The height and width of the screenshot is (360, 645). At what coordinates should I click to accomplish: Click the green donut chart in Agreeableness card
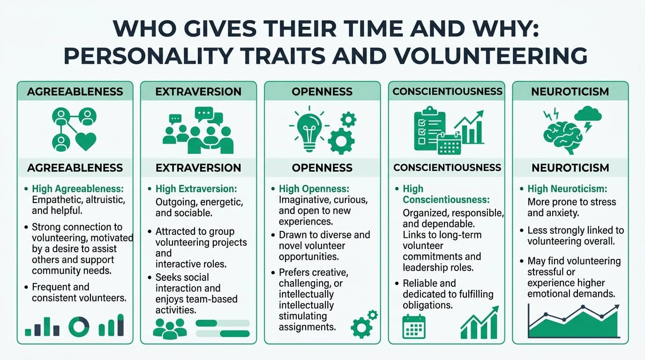(x=79, y=326)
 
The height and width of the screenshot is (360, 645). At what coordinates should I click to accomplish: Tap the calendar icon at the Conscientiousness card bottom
(x=414, y=326)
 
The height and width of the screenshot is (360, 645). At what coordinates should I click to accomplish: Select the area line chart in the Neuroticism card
(x=573, y=321)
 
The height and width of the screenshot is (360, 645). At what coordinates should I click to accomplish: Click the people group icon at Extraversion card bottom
(x=170, y=328)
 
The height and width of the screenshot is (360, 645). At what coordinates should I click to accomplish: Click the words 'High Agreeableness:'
(x=77, y=189)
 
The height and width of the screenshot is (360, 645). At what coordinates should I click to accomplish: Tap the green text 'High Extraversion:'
(x=196, y=189)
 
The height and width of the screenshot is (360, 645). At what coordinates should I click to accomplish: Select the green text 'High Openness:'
(x=314, y=189)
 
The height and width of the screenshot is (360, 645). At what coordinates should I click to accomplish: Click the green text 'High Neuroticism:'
(x=567, y=189)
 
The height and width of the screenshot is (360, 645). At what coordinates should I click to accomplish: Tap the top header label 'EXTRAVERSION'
(x=198, y=92)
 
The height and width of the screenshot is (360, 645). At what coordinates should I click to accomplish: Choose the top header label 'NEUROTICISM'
(x=570, y=92)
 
